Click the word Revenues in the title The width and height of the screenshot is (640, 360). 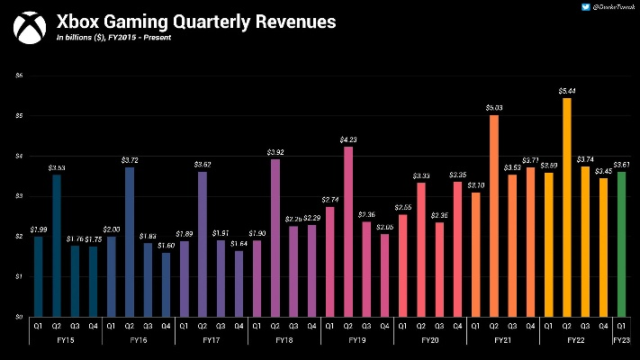(282, 21)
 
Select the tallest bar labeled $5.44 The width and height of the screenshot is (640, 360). (566, 207)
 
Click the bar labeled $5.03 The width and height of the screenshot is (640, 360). (493, 216)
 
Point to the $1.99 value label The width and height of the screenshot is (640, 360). (38, 229)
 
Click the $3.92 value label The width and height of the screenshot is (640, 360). (275, 151)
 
